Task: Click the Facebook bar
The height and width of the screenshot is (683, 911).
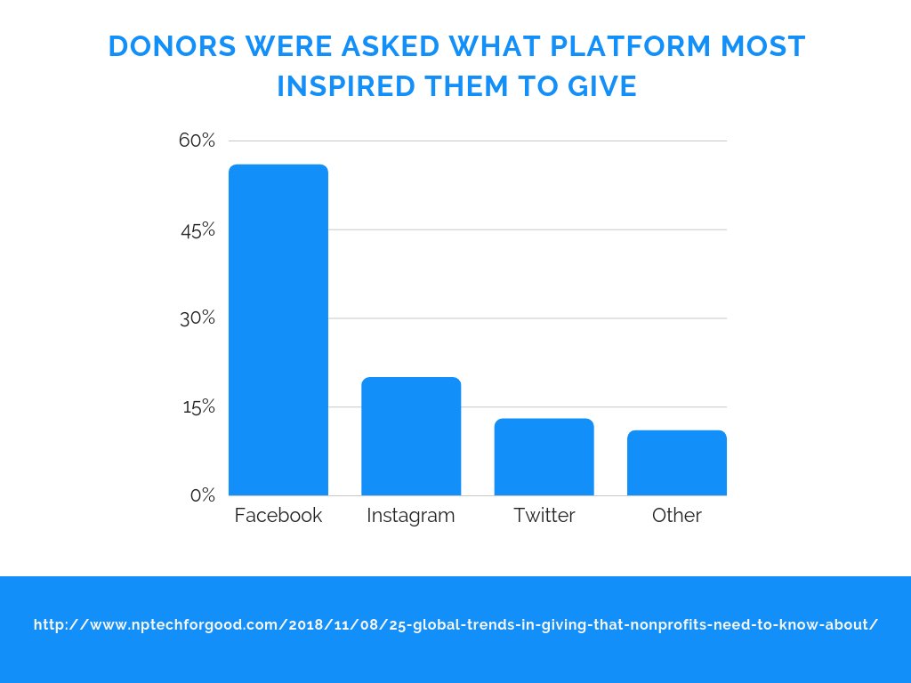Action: [278, 330]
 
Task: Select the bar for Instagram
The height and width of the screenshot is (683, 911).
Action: [411, 437]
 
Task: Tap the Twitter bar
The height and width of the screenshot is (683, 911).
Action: [544, 457]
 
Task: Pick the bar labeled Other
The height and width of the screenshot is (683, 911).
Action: [676, 462]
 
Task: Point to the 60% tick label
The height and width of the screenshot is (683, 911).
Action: [198, 141]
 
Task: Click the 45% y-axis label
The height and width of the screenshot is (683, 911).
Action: [198, 229]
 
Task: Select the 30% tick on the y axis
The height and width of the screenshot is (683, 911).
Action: [198, 318]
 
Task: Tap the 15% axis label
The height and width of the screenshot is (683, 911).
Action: [198, 407]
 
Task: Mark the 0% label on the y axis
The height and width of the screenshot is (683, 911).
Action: [203, 495]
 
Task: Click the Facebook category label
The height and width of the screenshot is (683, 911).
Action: [278, 516]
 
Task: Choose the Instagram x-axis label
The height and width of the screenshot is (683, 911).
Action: [411, 516]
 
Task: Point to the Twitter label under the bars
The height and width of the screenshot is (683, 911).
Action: [544, 516]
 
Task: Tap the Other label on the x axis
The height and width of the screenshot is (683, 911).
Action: [676, 516]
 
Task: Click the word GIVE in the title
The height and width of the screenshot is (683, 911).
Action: [601, 87]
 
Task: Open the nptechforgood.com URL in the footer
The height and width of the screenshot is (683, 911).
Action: [455, 625]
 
